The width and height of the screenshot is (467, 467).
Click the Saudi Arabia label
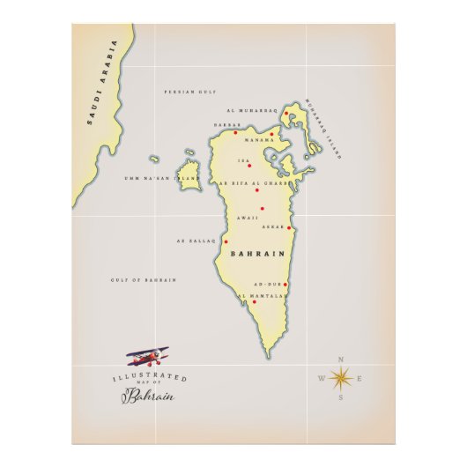(x=102, y=84)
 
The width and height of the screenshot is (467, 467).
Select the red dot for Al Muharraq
(x=287, y=112)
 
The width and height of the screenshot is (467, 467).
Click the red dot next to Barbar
(x=235, y=133)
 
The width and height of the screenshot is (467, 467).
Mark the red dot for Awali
(x=262, y=209)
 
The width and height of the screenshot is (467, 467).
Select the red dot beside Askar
(x=289, y=228)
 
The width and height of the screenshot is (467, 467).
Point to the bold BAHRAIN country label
(x=257, y=254)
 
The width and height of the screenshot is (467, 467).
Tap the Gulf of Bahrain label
(x=144, y=279)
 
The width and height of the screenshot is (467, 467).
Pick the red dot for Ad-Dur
(x=285, y=285)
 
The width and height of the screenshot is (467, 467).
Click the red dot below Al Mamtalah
(x=254, y=302)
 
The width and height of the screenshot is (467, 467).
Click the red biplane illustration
(x=146, y=356)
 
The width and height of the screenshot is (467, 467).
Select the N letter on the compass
(x=341, y=359)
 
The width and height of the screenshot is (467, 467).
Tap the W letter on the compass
(x=321, y=380)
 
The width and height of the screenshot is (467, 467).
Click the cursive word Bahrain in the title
(x=148, y=396)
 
